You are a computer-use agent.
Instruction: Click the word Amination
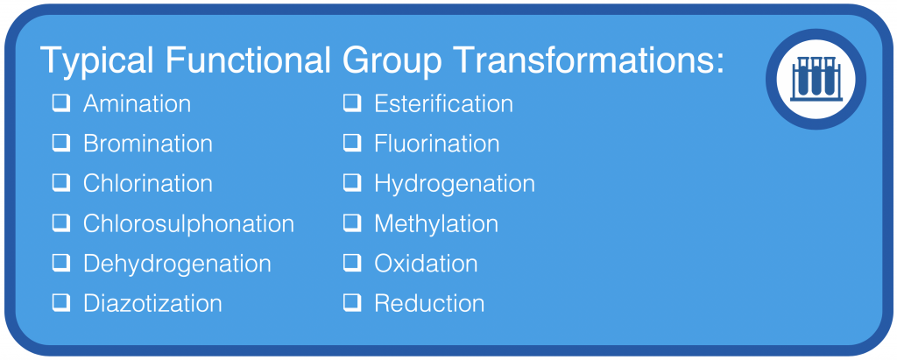click(x=137, y=104)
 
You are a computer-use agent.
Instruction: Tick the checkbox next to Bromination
click(x=62, y=143)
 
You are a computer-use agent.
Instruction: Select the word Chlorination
click(x=147, y=184)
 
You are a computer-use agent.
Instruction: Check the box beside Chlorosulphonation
click(x=62, y=223)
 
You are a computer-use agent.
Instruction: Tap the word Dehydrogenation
click(x=177, y=264)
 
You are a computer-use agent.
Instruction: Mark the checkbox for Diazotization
click(x=62, y=303)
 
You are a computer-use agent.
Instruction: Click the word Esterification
click(x=443, y=104)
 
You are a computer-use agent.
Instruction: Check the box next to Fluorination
click(x=352, y=143)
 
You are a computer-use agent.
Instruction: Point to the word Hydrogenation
click(x=455, y=184)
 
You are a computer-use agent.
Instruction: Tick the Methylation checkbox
click(x=352, y=223)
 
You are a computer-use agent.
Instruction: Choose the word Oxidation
click(x=426, y=264)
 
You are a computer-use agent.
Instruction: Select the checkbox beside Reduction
click(x=352, y=303)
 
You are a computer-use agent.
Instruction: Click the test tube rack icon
click(x=816, y=79)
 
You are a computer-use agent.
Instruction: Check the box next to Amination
click(x=62, y=103)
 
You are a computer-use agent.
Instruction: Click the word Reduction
click(x=429, y=304)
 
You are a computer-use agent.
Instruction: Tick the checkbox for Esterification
click(x=352, y=103)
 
